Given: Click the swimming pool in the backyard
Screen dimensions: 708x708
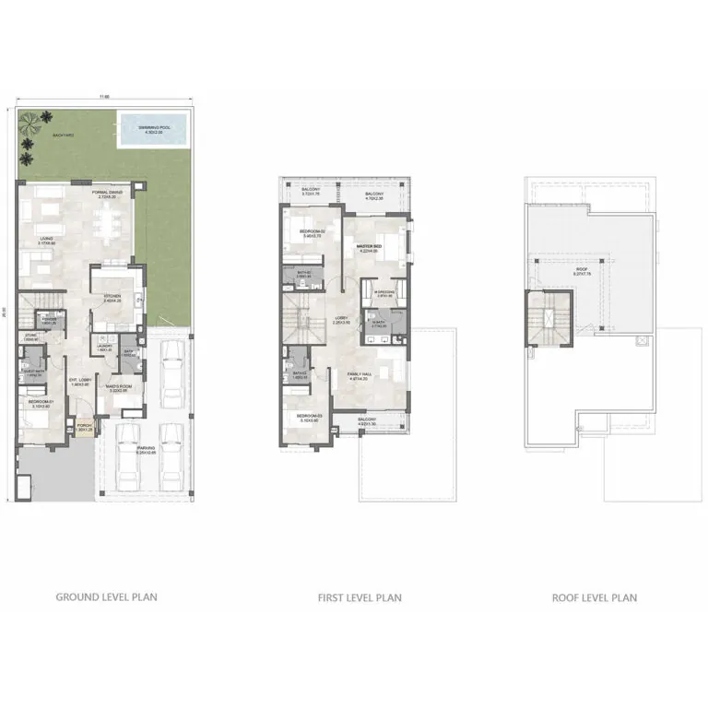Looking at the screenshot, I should tap(150, 130).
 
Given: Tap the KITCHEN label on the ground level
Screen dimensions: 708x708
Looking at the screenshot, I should tap(112, 296).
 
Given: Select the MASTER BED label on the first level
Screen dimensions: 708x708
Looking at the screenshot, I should tap(370, 247).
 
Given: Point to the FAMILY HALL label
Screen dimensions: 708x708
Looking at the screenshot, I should tap(359, 374).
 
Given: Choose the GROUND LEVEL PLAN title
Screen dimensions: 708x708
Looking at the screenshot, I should tap(106, 597).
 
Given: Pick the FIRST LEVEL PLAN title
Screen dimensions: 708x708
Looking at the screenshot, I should tap(360, 597).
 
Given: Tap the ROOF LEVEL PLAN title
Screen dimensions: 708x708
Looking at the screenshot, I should tap(595, 597).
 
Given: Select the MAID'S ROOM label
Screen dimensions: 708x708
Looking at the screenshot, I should tap(117, 387).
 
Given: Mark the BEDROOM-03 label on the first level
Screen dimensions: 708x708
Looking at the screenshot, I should tap(307, 417).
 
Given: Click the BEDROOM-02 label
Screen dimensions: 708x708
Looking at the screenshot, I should tap(310, 230).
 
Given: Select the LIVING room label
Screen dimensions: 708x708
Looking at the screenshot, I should tap(45, 239).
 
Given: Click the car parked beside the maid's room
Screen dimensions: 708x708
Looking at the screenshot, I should tap(171, 373).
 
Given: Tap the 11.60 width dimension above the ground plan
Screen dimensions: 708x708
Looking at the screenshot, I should tap(106, 95).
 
